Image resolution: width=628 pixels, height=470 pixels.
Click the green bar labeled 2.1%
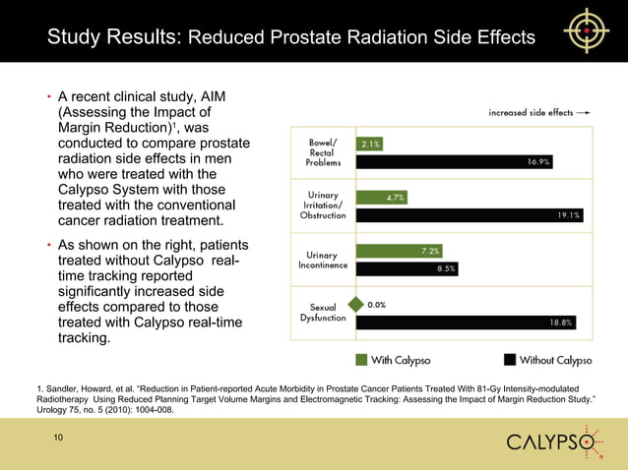click(369, 144)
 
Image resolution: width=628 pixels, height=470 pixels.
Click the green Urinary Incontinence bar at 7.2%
click(399, 251)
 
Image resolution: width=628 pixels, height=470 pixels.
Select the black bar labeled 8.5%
click(407, 268)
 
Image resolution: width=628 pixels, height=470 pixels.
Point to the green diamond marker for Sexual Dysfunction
click(357, 305)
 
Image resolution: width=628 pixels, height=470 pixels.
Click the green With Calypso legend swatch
click(361, 359)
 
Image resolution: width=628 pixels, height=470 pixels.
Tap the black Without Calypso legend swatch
click(510, 359)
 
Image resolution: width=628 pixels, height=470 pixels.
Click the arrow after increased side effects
click(584, 113)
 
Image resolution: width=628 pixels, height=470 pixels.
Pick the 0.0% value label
click(377, 305)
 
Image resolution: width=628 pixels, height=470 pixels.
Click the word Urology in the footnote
click(52, 412)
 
